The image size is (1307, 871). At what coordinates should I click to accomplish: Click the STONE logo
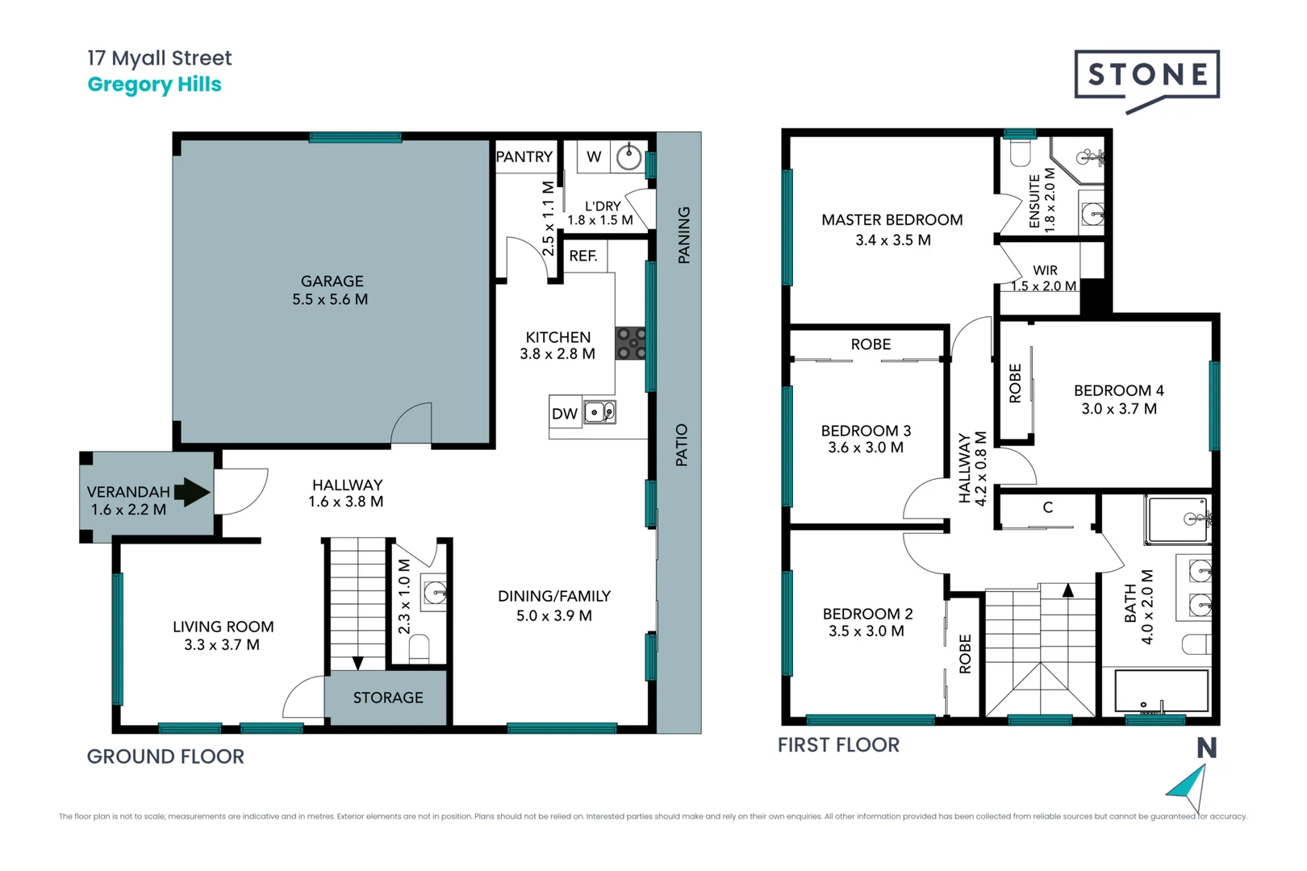click(x=1146, y=75)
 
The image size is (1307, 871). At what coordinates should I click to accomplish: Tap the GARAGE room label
click(x=332, y=281)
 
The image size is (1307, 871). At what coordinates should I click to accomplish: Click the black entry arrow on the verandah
click(x=191, y=492)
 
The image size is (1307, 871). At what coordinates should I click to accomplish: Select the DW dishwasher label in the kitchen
click(x=564, y=414)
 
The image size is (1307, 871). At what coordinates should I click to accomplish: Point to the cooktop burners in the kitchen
click(x=631, y=343)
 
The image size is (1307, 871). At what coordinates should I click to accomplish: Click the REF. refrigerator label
click(x=583, y=256)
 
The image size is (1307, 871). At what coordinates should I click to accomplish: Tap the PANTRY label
click(x=524, y=156)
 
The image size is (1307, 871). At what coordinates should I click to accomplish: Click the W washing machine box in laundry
click(x=594, y=156)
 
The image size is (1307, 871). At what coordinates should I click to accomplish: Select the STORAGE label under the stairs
click(x=387, y=698)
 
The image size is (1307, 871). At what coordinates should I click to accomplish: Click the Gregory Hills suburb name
click(x=154, y=85)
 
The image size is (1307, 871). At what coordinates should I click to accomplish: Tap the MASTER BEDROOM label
click(x=892, y=219)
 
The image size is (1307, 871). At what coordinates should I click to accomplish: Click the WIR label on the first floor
click(x=1045, y=270)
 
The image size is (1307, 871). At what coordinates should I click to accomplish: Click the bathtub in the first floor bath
click(x=1161, y=690)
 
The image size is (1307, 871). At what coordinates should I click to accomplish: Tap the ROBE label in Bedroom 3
click(x=871, y=344)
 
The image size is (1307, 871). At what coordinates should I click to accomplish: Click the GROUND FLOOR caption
click(x=165, y=756)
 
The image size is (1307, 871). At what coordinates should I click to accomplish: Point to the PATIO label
click(x=682, y=444)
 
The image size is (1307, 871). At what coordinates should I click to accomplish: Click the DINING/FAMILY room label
click(x=553, y=596)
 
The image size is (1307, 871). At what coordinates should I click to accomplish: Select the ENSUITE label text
click(x=1034, y=201)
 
